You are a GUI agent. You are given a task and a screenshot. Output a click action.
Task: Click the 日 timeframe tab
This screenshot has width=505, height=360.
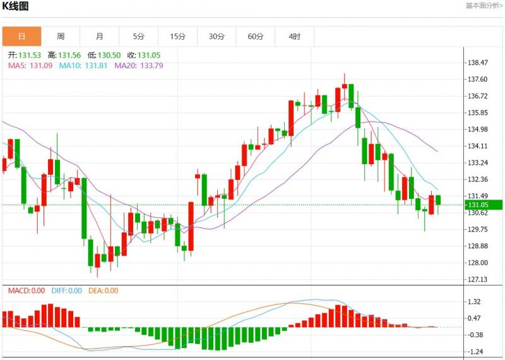[21, 37]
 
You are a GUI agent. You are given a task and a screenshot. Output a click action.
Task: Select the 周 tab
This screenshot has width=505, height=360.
[61, 37]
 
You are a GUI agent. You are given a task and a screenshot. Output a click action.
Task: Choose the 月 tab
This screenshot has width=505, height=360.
[100, 37]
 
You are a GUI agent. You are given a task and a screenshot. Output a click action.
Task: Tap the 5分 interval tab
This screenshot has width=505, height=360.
[139, 37]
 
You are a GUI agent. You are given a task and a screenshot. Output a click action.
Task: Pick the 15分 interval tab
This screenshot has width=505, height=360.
[178, 37]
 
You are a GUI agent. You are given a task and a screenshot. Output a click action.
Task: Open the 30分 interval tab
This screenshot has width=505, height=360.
[217, 37]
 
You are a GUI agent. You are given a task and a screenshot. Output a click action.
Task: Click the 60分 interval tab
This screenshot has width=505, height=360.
[256, 37]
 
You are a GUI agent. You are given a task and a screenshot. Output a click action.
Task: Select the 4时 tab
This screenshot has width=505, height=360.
[295, 37]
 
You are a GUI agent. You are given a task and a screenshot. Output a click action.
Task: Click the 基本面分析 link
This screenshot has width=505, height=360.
[484, 6]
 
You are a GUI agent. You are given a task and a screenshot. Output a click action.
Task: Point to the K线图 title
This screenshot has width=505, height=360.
[15, 6]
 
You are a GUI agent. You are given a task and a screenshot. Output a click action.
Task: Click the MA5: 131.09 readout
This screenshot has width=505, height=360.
[26, 65]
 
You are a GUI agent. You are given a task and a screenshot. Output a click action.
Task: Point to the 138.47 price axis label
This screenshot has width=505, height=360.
[478, 63]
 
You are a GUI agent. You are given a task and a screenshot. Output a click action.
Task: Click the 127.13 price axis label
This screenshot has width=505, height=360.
[478, 279]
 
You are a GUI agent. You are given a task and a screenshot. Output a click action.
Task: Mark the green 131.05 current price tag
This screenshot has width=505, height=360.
[483, 205]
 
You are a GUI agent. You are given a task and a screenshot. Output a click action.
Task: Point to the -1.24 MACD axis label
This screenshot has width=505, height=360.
[476, 351]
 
